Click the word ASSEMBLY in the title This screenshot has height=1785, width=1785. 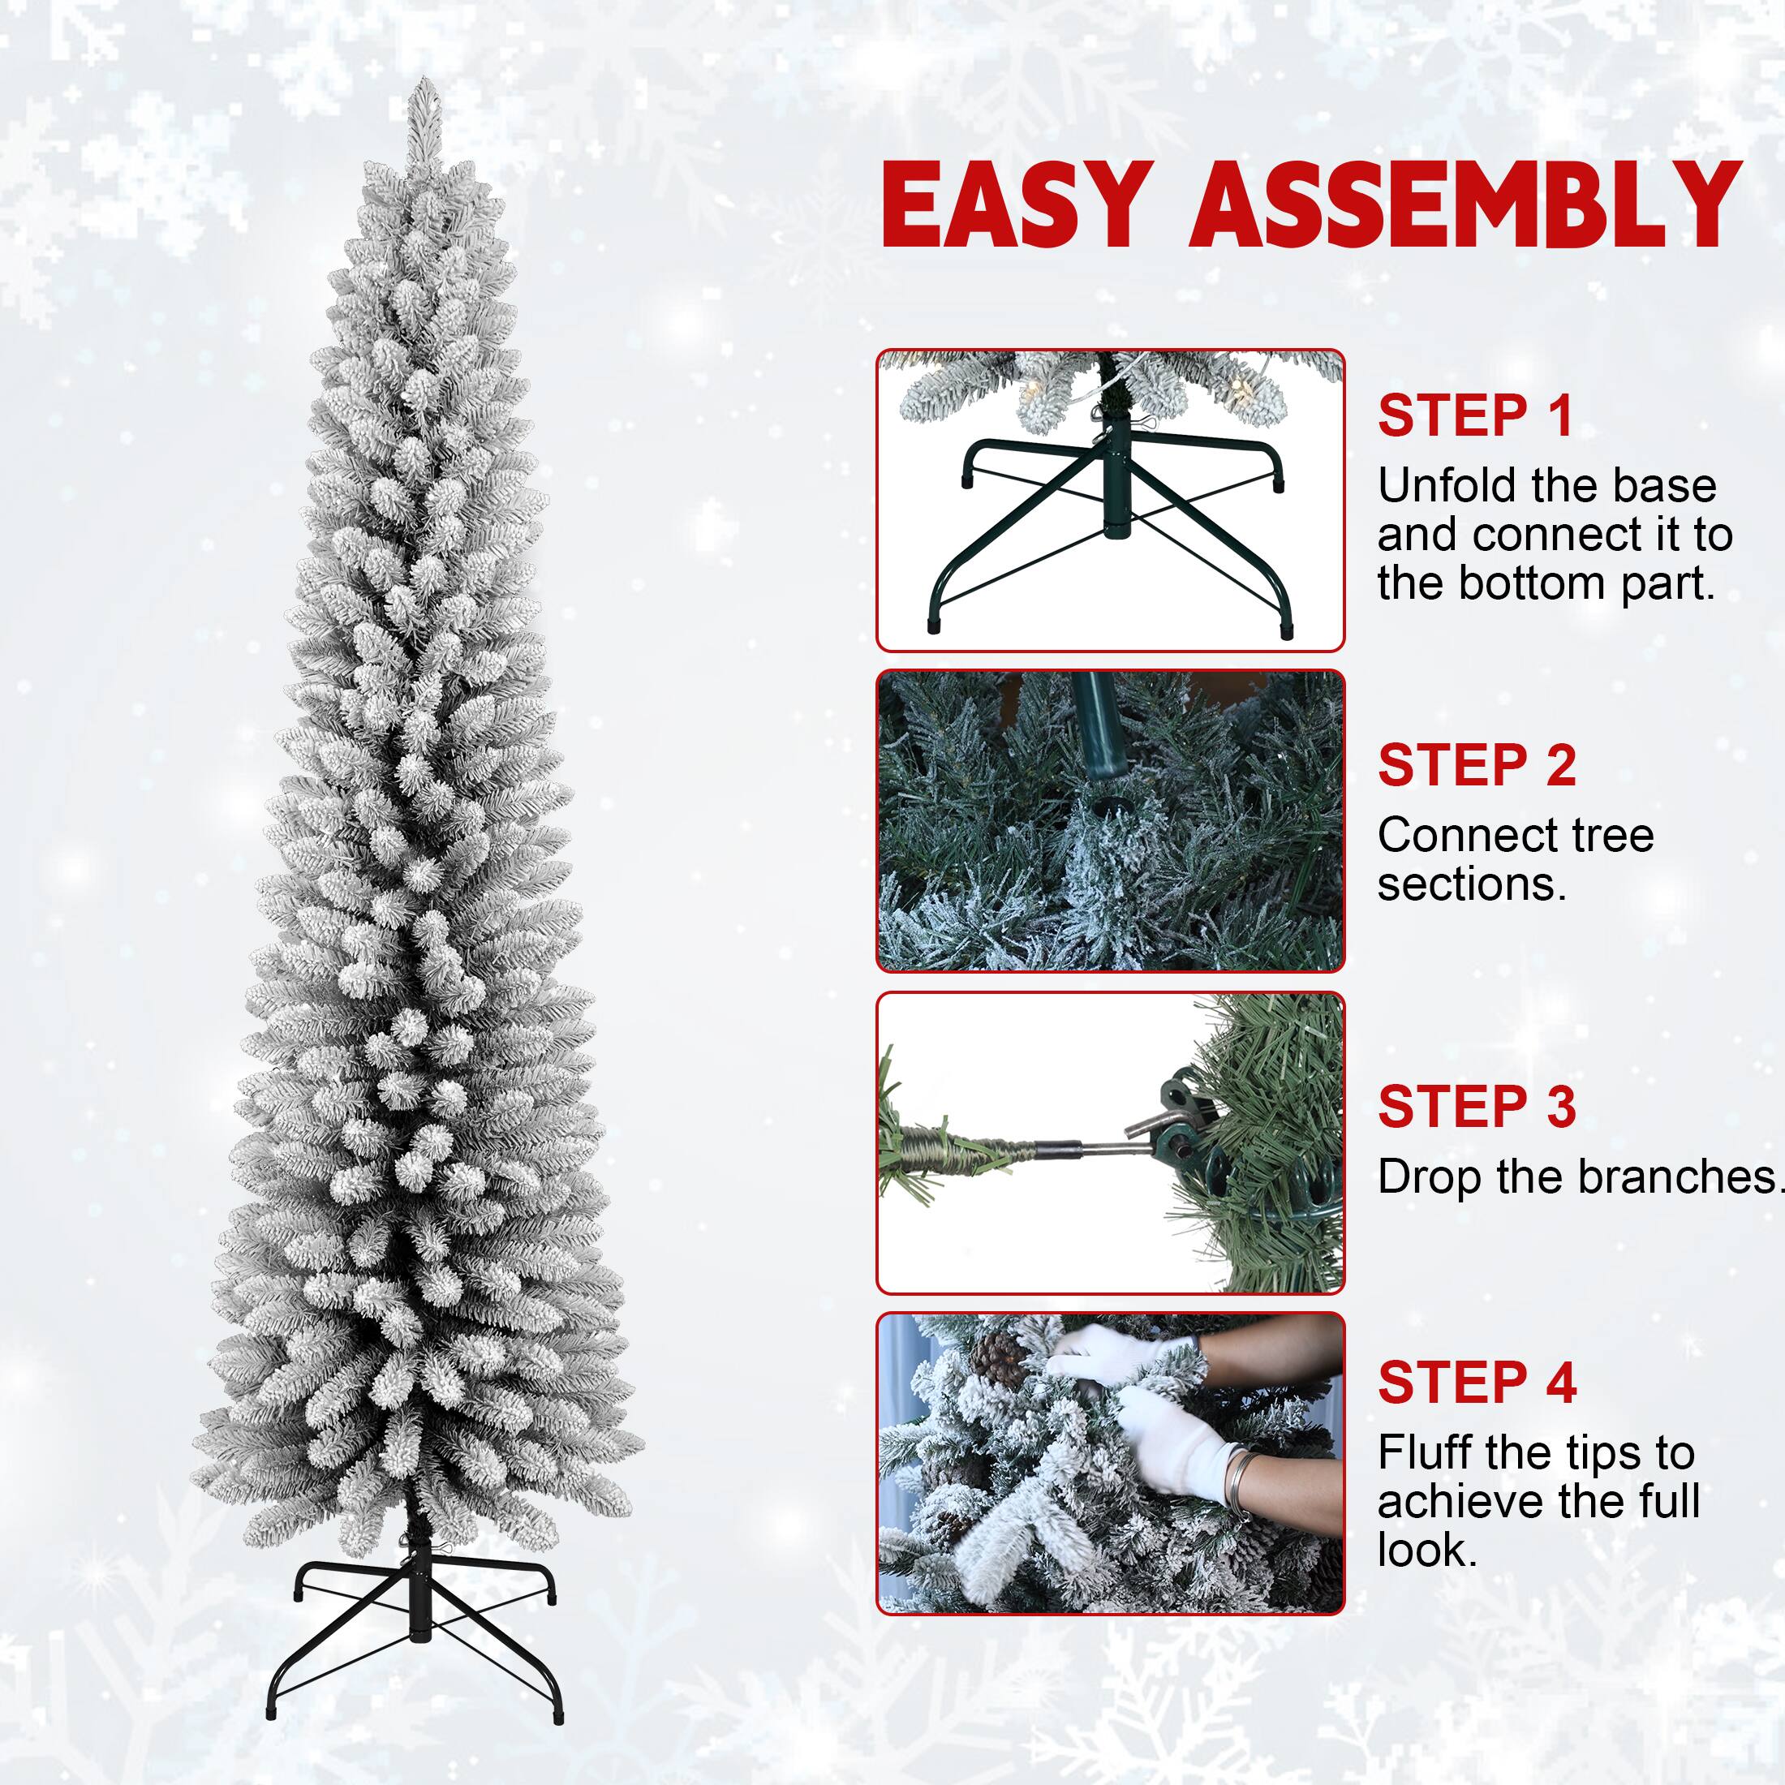pyautogui.click(x=1465, y=205)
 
